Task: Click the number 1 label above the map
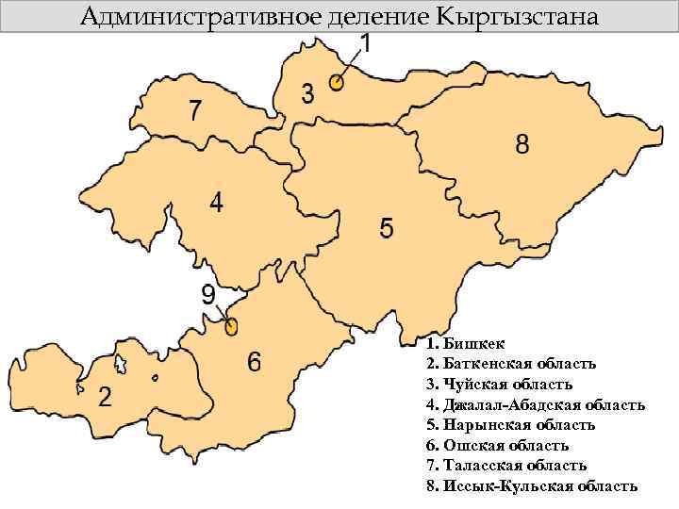coord(368,43)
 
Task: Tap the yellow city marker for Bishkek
coord(337,83)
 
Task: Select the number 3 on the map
coord(308,93)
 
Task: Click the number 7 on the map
coord(194,110)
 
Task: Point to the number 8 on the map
coord(522,144)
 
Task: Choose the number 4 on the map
coord(217,204)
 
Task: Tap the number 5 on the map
coord(387,228)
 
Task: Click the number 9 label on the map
coord(208,294)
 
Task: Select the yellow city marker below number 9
coord(231,327)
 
